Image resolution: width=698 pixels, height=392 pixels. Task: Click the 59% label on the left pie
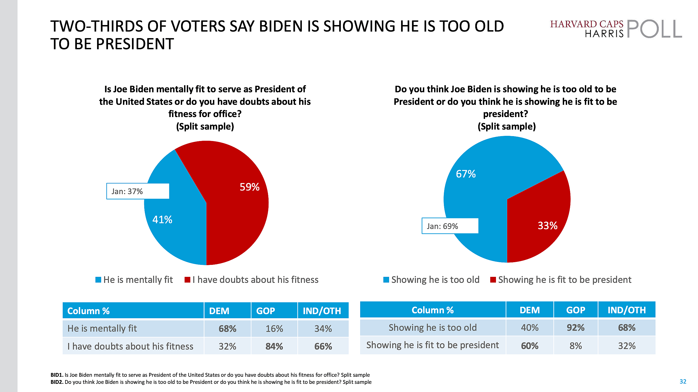249,187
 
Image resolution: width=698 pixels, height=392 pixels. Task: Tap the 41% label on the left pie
162,220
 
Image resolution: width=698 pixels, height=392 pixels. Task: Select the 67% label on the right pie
466,174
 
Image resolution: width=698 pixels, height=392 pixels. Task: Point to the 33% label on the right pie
547,226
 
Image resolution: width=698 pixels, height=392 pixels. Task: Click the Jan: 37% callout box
138,191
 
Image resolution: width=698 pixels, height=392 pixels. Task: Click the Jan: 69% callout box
450,226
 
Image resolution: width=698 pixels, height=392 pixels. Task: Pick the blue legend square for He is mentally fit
98,280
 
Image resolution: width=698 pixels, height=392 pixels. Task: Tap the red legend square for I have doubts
187,280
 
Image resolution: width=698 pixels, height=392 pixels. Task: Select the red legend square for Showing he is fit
493,280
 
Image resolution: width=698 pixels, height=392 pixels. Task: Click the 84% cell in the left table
274,346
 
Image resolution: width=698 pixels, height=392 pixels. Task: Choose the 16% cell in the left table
274,329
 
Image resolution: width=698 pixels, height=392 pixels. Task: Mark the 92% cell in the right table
576,327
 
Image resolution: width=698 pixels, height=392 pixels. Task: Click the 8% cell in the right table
576,346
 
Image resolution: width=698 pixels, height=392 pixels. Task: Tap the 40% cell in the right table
529,327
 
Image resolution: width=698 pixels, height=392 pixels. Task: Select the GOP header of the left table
266,311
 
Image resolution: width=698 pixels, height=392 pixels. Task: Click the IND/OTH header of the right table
627,310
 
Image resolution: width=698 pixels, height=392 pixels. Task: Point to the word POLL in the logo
654,29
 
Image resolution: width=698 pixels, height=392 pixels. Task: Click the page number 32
683,381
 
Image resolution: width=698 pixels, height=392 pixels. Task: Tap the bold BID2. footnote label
57,382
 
